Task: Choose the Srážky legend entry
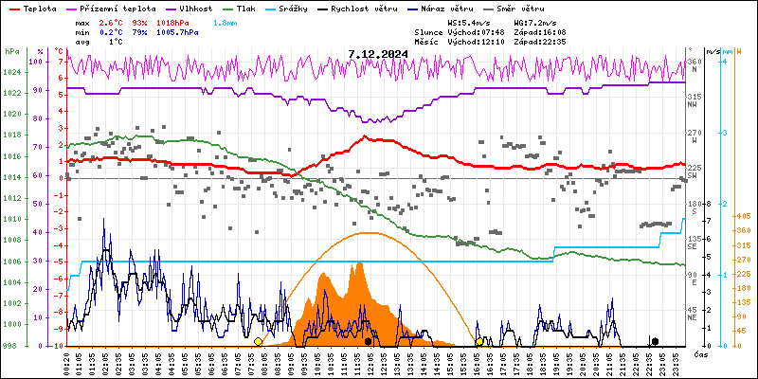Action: (296, 8)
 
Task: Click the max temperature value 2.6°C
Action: (111, 21)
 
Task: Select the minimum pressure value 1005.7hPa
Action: (176, 31)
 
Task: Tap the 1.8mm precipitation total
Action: (226, 21)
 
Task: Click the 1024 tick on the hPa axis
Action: (11, 73)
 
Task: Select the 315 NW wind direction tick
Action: (695, 99)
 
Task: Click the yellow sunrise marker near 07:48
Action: (258, 341)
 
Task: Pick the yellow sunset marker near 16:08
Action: (480, 341)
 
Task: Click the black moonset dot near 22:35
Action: (655, 341)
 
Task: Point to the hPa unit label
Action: (11, 51)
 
